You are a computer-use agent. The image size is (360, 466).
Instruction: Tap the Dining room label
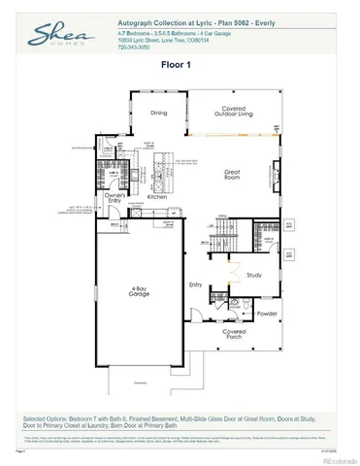pyautogui.click(x=160, y=113)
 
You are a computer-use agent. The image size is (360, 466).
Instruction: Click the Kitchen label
pyautogui.click(x=157, y=196)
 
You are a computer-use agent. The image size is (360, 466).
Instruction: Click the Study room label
pyautogui.click(x=255, y=275)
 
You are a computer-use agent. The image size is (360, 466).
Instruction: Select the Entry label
pyautogui.click(x=195, y=284)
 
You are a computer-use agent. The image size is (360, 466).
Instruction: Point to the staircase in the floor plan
pyautogui.click(x=225, y=234)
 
